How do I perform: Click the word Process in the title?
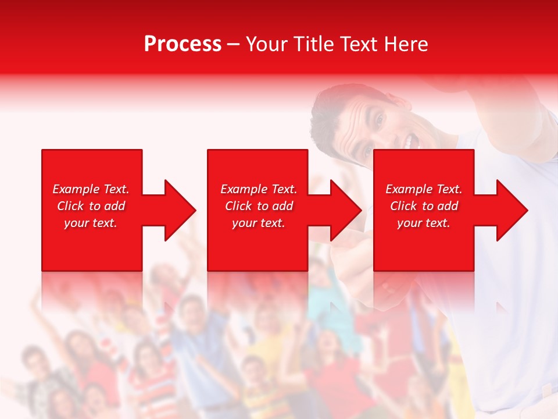(183, 44)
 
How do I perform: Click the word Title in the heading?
(313, 44)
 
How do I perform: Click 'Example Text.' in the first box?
(91, 189)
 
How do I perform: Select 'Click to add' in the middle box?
(259, 206)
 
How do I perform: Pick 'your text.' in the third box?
(423, 223)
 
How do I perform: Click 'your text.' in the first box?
(91, 223)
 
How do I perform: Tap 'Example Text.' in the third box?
(423, 189)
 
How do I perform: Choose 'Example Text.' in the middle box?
(259, 189)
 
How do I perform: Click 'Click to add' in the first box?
(91, 206)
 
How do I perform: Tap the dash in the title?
(234, 44)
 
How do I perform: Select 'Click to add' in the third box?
(423, 206)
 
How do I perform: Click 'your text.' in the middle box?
(259, 223)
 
